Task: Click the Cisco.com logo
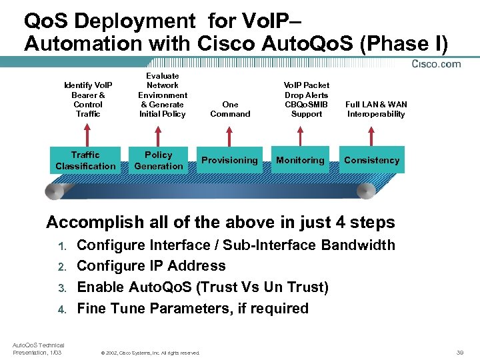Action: [437, 64]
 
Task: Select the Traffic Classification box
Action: [85, 161]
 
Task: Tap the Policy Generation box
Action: [158, 161]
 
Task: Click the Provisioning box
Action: [229, 160]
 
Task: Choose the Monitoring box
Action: [300, 160]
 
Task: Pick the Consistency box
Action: [371, 160]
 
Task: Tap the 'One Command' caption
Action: [230, 109]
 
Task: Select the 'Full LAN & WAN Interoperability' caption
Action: [376, 109]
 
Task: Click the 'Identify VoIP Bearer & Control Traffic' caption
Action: [88, 100]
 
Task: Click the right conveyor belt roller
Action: [366, 191]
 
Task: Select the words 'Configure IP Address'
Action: [151, 266]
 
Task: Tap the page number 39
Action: [460, 351]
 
